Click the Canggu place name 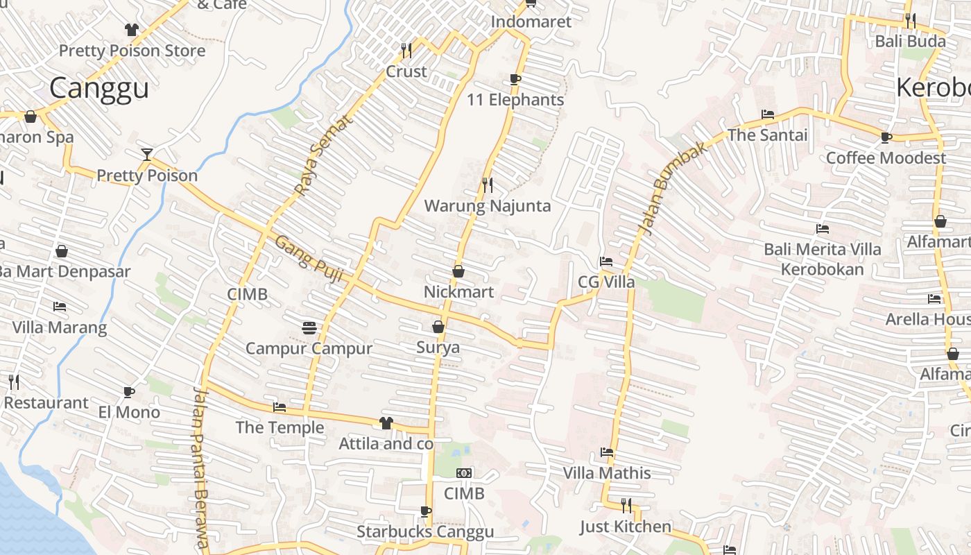tap(99, 89)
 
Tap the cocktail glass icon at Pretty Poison tap(147, 154)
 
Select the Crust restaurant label tap(406, 71)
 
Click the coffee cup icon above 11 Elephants tap(515, 79)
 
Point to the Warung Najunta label tap(488, 206)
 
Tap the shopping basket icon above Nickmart tap(458, 271)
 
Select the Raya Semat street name tap(323, 155)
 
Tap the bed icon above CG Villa tap(606, 262)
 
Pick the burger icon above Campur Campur tap(309, 327)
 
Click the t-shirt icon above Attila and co tap(386, 422)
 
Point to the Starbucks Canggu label tap(425, 532)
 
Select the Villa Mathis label tap(607, 473)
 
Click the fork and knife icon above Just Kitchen tap(626, 505)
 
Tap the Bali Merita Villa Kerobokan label tap(823, 259)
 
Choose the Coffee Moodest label tap(886, 158)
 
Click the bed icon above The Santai tap(767, 114)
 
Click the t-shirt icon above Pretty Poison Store tap(132, 29)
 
